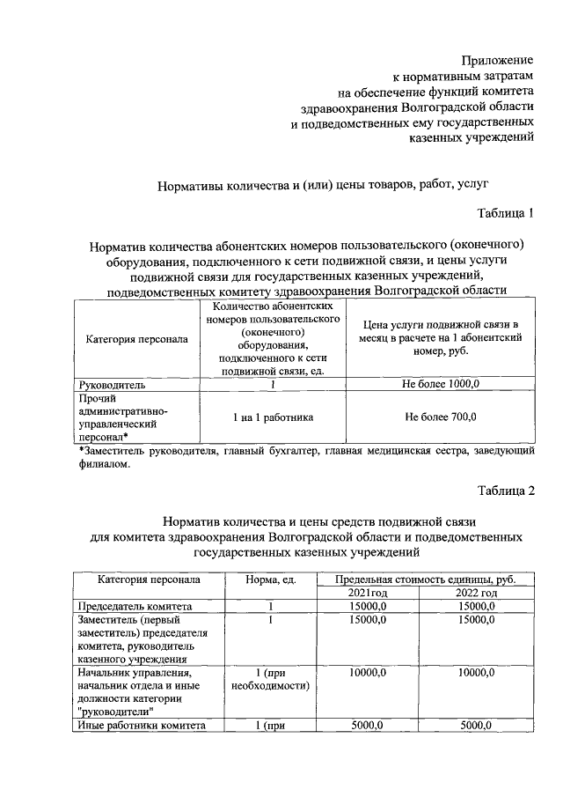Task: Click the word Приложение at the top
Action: click(x=498, y=60)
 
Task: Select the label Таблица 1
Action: click(x=506, y=213)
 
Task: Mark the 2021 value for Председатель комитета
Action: click(x=368, y=607)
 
